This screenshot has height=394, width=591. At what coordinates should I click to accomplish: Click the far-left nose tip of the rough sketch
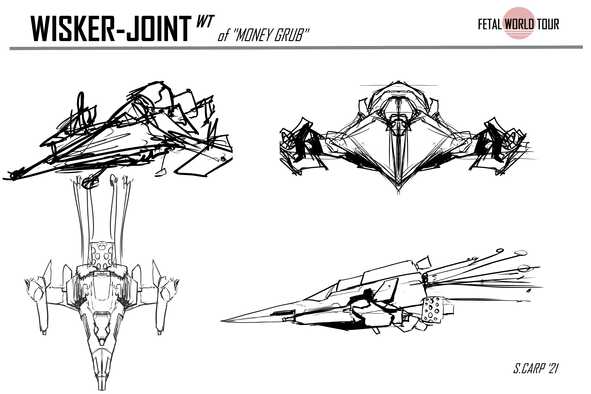click(x=4, y=179)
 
